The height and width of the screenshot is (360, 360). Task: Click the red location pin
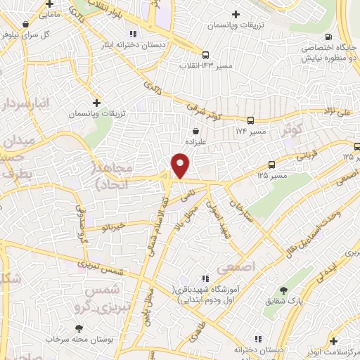tap(181, 166)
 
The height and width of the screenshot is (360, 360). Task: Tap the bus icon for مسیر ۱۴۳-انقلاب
tap(205, 55)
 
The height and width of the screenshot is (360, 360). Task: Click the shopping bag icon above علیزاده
tap(195, 130)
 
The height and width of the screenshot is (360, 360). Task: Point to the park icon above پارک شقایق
tap(283, 290)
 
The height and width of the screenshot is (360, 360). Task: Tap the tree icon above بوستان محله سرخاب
tap(79, 328)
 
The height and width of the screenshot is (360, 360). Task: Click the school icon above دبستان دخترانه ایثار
tap(133, 33)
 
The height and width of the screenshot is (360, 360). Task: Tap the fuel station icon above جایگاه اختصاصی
tap(327, 38)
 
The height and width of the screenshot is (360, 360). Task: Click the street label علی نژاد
tap(337, 110)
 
